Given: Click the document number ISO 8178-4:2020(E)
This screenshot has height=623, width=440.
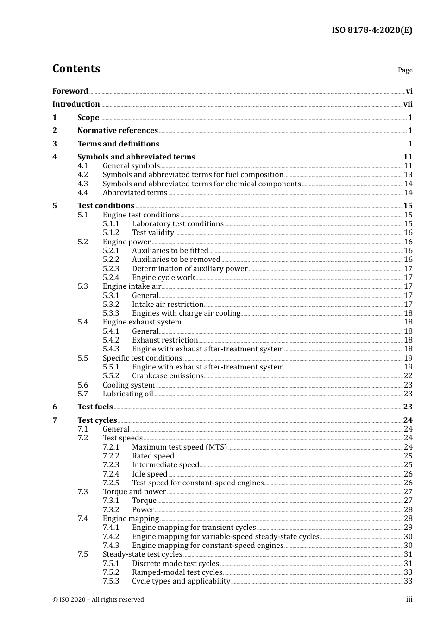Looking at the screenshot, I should (x=371, y=31).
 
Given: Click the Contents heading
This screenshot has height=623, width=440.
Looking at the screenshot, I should (x=76, y=69).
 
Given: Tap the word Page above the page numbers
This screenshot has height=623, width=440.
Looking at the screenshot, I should (x=405, y=70).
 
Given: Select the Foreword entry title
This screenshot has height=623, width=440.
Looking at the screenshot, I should (x=70, y=91).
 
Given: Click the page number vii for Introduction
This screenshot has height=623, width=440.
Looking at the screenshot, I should (x=408, y=104).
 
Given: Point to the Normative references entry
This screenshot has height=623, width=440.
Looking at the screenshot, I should (x=118, y=131).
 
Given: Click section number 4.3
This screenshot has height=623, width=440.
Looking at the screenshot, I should (x=82, y=184).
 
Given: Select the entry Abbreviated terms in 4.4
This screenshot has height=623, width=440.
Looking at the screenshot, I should (x=135, y=193).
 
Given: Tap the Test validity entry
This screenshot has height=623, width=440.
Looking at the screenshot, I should (x=153, y=233).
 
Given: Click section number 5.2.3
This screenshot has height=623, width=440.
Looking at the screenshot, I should (x=111, y=269).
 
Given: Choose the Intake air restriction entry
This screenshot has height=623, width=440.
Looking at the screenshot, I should (x=167, y=305).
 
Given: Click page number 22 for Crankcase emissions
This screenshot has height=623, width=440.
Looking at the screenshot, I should (x=408, y=376).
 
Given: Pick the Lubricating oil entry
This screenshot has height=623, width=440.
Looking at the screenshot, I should (x=127, y=394).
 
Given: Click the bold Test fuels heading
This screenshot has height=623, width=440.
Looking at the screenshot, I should (x=95, y=407).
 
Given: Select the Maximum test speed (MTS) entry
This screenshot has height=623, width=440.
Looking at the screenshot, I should (x=179, y=447).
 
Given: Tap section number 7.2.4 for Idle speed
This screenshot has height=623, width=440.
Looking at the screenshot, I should (x=111, y=474).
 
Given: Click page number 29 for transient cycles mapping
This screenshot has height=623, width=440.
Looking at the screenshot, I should (x=408, y=528).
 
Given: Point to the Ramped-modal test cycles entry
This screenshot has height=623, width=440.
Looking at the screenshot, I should (x=177, y=572).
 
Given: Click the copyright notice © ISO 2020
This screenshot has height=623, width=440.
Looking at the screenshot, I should (x=98, y=600).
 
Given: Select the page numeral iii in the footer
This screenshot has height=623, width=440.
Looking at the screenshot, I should (x=409, y=599).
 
